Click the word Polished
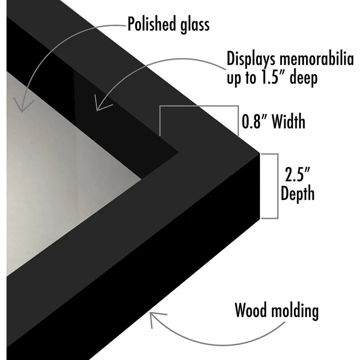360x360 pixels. (x=152, y=23)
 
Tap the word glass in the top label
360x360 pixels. (x=194, y=25)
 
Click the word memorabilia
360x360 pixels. (x=316, y=58)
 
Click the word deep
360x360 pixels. (x=303, y=78)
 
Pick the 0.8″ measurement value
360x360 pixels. (x=254, y=121)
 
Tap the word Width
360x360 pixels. (x=288, y=121)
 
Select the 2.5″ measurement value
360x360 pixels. (x=297, y=174)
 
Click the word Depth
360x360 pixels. (x=297, y=194)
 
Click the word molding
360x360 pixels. (x=295, y=311)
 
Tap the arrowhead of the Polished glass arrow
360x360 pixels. (x=22, y=105)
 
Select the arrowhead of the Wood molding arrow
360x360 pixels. (x=156, y=319)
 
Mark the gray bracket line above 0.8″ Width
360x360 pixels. (x=199, y=106)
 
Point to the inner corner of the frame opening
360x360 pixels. (x=140, y=178)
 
